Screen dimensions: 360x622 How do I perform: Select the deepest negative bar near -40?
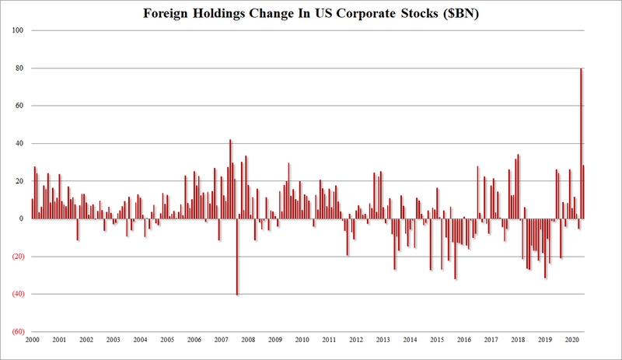(x=237, y=257)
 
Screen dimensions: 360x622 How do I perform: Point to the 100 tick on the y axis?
(x=19, y=30)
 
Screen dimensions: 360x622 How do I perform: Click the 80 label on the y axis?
(x=20, y=68)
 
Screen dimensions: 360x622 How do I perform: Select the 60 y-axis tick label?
(x=20, y=106)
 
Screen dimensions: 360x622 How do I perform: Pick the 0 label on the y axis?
(x=23, y=218)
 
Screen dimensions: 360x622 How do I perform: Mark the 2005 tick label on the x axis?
(x=166, y=341)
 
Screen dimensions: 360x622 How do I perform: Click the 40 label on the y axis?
(x=20, y=144)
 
